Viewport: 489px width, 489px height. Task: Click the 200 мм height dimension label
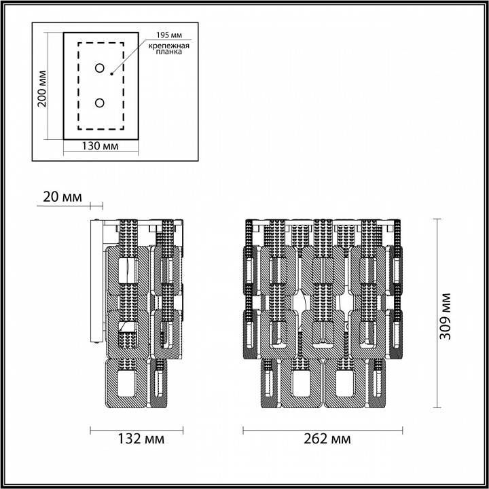coord(42,88)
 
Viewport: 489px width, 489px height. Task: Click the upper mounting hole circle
coord(100,69)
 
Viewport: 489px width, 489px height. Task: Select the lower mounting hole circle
coord(100,103)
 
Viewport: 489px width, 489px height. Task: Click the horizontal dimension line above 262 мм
coord(323,429)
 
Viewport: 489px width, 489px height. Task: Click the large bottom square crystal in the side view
coord(127,384)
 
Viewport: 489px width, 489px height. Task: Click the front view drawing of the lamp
coord(323,312)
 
